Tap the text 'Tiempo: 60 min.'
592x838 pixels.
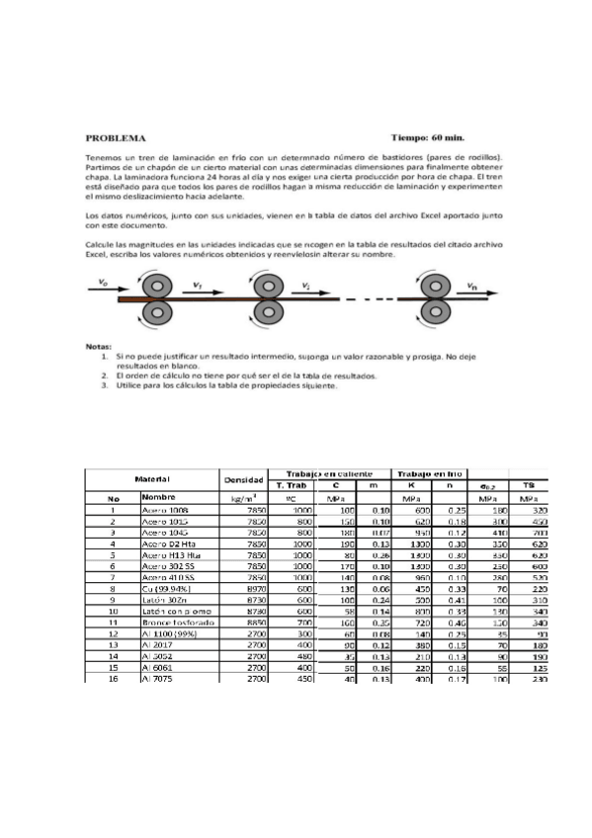(x=428, y=138)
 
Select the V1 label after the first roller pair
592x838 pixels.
(x=198, y=286)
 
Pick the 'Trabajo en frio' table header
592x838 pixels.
(x=429, y=472)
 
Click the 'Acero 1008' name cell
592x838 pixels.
(x=164, y=510)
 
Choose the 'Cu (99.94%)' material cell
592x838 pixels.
(x=167, y=590)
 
